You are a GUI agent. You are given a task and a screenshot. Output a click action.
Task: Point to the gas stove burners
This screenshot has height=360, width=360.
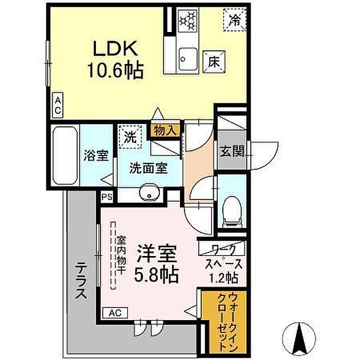(187, 21)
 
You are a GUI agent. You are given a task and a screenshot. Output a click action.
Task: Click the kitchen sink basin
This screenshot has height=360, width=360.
(187, 58)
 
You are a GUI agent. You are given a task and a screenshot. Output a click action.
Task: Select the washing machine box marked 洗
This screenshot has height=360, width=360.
(130, 137)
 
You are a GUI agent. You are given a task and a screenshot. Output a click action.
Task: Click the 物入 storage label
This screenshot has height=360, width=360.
(166, 131)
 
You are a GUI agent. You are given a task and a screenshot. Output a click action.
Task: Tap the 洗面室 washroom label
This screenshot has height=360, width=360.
(147, 169)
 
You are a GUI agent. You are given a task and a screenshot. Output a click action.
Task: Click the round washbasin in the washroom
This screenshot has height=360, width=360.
(150, 194)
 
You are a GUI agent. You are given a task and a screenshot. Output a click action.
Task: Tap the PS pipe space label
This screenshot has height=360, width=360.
(107, 197)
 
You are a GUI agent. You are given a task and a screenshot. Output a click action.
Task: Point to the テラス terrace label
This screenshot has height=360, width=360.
(81, 279)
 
